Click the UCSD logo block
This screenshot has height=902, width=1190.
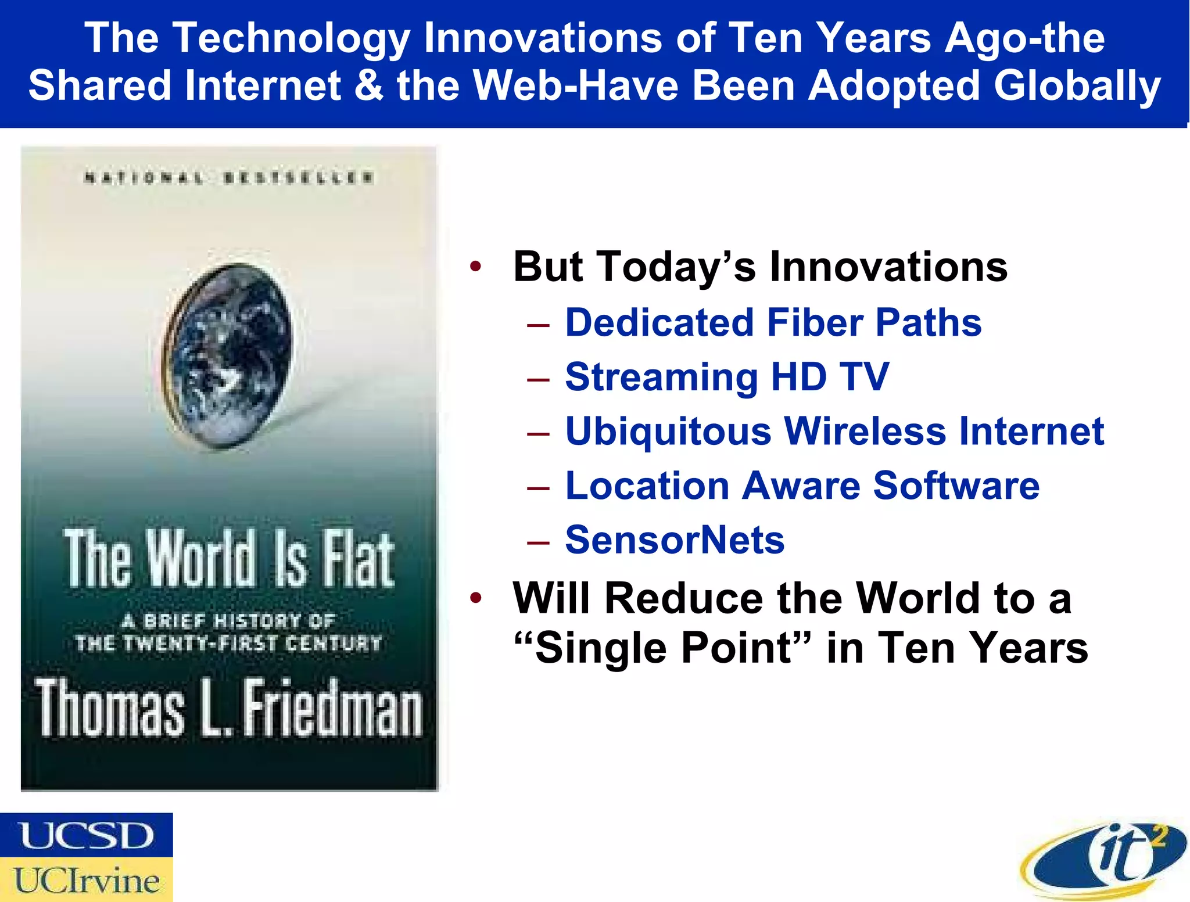click(x=86, y=835)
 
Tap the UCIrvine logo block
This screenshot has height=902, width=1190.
click(x=86, y=879)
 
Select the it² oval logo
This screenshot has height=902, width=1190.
click(x=1104, y=858)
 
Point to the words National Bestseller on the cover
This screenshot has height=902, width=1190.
click(x=228, y=178)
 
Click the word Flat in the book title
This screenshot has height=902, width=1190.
click(x=359, y=559)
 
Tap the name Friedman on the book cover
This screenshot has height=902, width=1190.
click(x=332, y=709)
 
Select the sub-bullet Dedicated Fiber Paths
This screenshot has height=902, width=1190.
click(x=773, y=322)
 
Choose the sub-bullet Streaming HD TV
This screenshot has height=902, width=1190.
click(x=726, y=377)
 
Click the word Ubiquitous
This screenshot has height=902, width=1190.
click(x=668, y=432)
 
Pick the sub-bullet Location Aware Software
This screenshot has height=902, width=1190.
click(x=802, y=486)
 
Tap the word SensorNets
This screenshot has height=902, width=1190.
click(x=675, y=540)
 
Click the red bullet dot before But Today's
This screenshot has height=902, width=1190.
click(x=476, y=267)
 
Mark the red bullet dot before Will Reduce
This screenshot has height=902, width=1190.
click(x=476, y=598)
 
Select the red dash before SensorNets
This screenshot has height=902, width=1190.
click(x=538, y=542)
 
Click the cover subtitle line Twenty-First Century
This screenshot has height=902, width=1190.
click(x=228, y=643)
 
